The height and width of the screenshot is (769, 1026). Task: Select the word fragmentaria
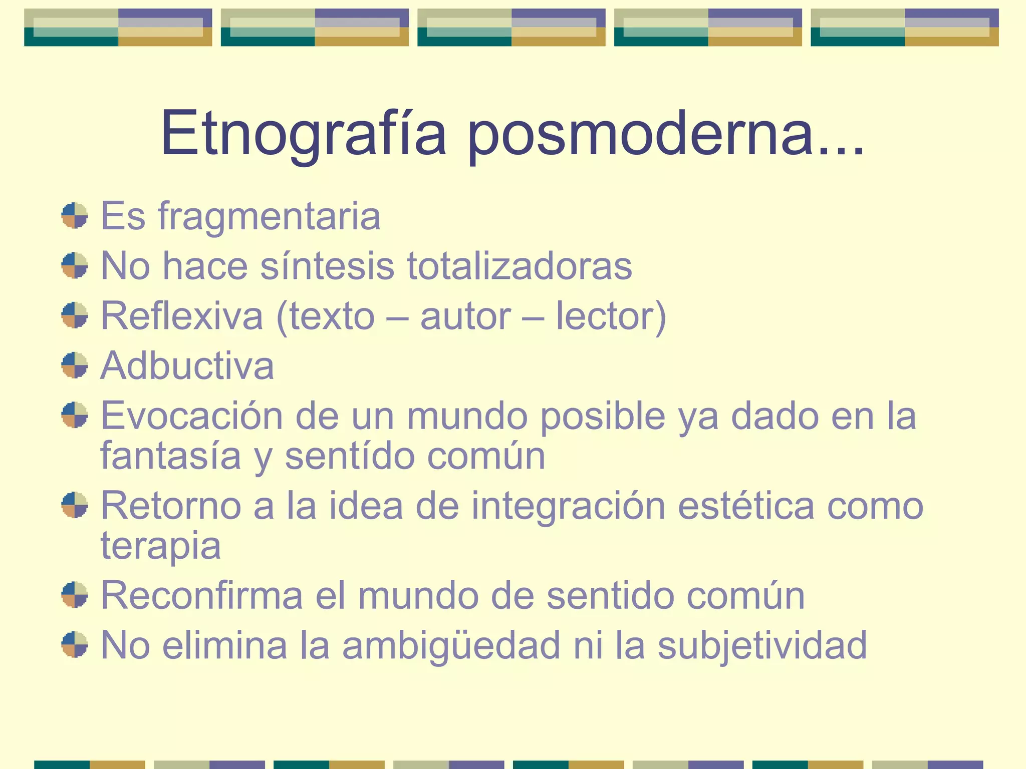point(270,216)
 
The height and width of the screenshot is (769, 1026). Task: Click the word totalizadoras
point(520,266)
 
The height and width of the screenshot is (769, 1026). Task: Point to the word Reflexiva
point(182,316)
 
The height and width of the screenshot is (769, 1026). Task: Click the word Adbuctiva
point(187,365)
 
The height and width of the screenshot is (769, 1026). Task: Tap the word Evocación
point(192,416)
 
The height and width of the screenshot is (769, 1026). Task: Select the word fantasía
point(171,456)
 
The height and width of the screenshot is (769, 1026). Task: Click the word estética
point(746,506)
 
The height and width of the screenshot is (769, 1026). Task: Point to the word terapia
point(161,546)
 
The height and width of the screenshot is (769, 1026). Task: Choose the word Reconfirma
point(202,595)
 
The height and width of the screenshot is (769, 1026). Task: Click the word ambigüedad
point(451,645)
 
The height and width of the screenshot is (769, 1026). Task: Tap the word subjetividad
point(762,645)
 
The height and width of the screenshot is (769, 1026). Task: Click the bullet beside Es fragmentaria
point(75,216)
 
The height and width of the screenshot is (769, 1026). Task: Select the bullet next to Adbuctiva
point(75,365)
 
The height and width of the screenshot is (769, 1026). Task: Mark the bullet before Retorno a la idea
point(75,505)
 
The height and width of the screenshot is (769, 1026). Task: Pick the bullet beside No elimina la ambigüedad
point(75,644)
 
